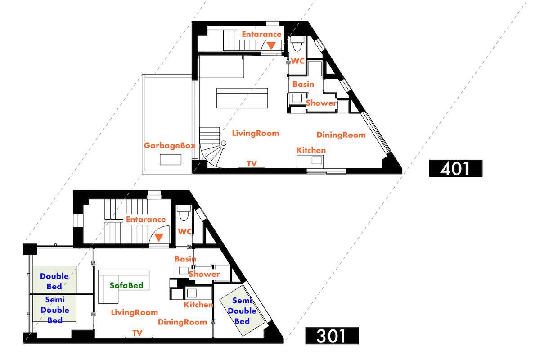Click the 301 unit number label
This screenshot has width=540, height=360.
click(332, 336)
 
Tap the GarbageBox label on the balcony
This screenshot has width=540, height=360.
click(170, 146)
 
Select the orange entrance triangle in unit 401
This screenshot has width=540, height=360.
click(272, 45)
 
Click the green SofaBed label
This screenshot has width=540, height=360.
click(127, 285)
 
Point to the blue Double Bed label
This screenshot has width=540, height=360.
click(54, 280)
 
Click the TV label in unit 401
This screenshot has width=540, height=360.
click(252, 164)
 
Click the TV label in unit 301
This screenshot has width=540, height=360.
click(137, 333)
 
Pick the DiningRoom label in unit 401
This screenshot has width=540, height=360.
click(341, 135)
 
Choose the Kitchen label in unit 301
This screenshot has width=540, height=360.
click(198, 305)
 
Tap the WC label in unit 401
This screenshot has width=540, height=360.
click(298, 61)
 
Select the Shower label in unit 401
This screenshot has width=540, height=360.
click(321, 103)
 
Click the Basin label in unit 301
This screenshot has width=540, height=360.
click(185, 259)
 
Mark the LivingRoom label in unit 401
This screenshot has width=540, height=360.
click(256, 133)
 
